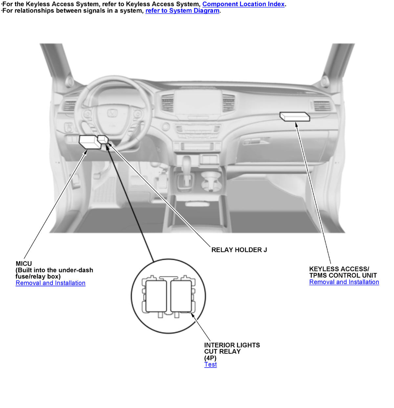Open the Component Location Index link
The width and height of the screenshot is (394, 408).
[x=243, y=4]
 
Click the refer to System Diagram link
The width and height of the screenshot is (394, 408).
[x=182, y=11]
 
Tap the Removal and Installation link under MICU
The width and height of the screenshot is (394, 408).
[x=51, y=283]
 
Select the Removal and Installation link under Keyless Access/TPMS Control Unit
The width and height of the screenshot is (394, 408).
[x=344, y=282]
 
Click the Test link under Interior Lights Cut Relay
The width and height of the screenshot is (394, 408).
[x=210, y=364]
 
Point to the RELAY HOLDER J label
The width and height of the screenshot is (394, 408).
[x=239, y=250]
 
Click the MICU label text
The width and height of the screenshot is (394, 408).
[x=24, y=263]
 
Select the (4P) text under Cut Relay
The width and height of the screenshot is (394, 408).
[x=210, y=358]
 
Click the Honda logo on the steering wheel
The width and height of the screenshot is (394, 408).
[x=112, y=113]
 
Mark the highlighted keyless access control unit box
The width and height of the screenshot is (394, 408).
[x=295, y=116]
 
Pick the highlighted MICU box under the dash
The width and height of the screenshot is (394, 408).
[x=89, y=142]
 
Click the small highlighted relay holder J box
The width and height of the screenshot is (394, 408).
[x=103, y=139]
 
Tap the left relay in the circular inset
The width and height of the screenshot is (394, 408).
[x=156, y=296]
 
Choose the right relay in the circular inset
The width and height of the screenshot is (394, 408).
[x=181, y=296]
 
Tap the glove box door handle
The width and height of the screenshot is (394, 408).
[x=256, y=141]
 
